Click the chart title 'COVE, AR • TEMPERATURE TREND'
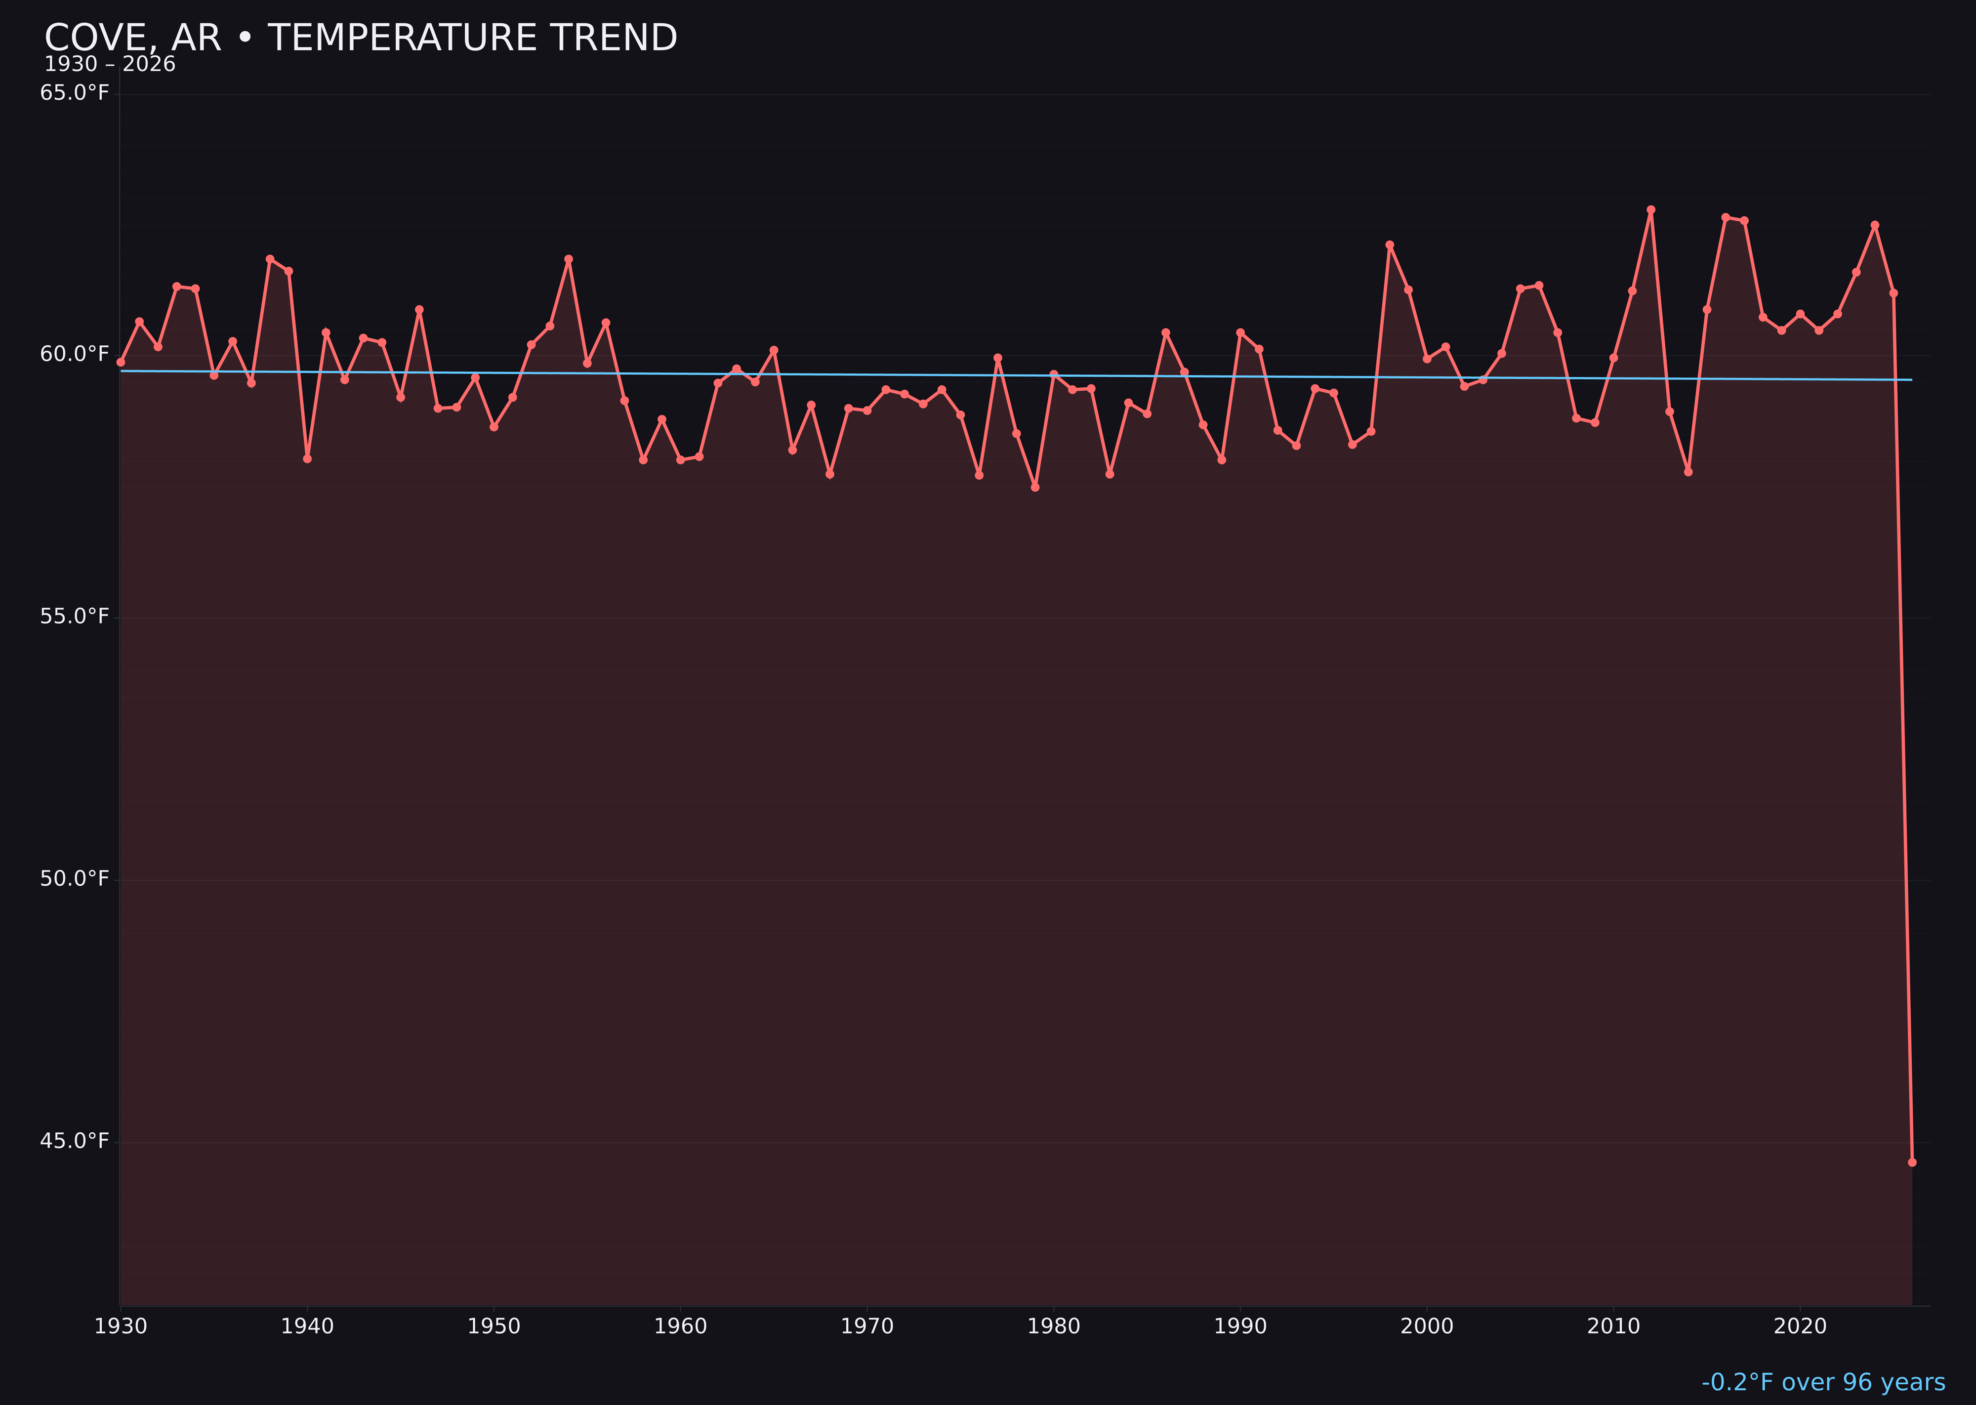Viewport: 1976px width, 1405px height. point(361,38)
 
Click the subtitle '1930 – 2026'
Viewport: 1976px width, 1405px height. point(110,65)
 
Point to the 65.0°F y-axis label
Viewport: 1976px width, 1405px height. point(75,92)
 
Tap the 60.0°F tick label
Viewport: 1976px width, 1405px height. point(75,355)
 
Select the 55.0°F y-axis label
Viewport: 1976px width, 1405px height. point(75,617)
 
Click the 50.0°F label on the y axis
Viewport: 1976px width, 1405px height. point(75,879)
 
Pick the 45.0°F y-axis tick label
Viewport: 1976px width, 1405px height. point(75,1141)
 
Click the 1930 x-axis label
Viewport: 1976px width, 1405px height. point(120,1326)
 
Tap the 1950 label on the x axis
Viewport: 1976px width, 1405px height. point(494,1326)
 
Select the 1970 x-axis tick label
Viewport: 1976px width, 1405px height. point(867,1326)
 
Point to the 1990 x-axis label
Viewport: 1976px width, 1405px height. point(1240,1326)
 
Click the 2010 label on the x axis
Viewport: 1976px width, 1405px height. point(1613,1326)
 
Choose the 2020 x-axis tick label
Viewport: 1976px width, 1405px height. point(1800,1326)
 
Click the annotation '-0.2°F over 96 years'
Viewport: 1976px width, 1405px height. point(1823,1382)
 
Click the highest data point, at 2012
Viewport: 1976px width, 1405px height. point(1651,209)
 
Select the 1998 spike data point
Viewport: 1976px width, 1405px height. point(1390,245)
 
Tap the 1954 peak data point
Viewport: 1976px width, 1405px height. point(569,259)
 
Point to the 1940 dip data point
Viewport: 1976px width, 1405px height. point(307,458)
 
